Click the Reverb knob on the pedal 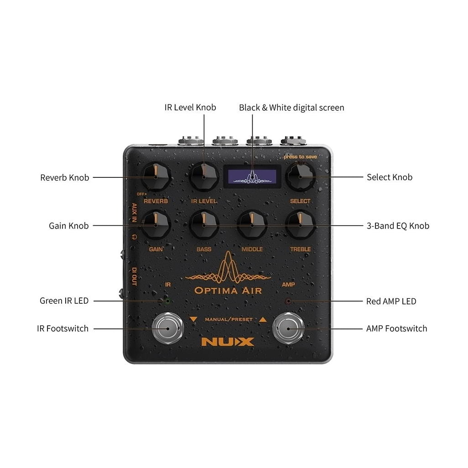156,177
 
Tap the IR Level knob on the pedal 204,177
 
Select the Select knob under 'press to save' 300,177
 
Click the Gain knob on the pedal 156,225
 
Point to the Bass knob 204,225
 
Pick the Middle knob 252,225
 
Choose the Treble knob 300,225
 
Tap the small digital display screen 252,177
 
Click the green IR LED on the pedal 167,301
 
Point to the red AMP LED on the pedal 288,301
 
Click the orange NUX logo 228,342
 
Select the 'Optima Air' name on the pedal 228,291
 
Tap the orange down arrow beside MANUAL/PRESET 193,319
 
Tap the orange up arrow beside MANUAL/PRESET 263,319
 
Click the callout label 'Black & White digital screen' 291,108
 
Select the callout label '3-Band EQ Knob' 398,226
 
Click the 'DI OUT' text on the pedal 134,277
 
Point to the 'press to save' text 300,157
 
